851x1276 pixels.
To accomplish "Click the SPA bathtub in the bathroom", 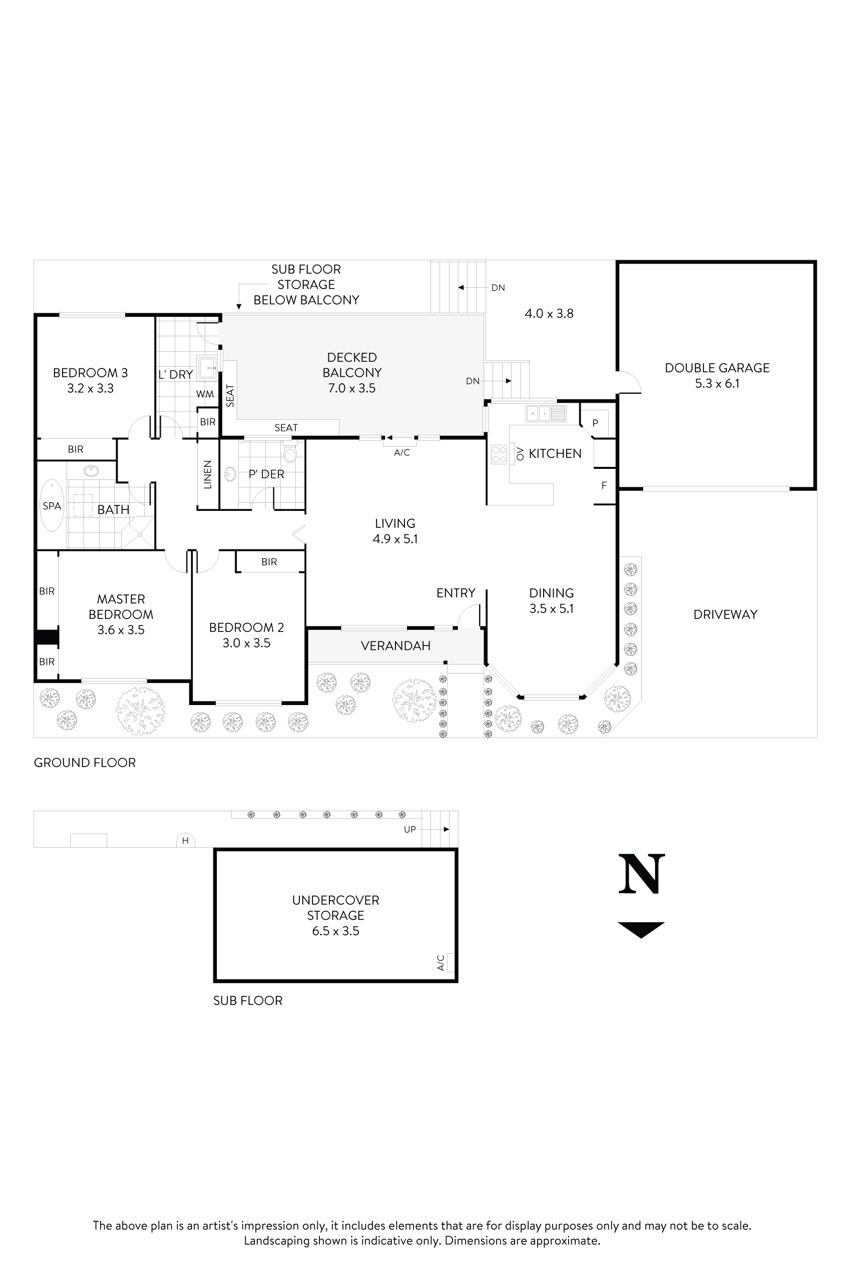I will point(52,505).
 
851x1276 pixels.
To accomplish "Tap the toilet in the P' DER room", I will point(290,452).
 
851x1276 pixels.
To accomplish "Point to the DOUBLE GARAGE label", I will point(717,368).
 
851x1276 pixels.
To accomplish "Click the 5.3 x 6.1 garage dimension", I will point(717,384).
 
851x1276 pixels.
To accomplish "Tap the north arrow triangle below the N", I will point(641,929).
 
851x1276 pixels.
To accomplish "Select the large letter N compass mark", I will point(642,874).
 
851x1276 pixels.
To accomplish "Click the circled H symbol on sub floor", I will point(185,841).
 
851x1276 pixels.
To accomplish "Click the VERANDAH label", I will point(395,646).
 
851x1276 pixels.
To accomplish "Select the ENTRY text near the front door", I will point(456,593).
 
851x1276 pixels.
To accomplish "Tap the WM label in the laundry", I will point(205,394).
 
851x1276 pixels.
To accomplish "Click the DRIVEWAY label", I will point(725,614).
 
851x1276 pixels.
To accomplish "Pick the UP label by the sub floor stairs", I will point(410,829).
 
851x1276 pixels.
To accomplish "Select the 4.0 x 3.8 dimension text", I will point(549,314).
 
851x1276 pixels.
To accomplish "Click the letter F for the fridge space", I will point(604,485).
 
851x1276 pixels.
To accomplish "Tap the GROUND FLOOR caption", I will point(85,762).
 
